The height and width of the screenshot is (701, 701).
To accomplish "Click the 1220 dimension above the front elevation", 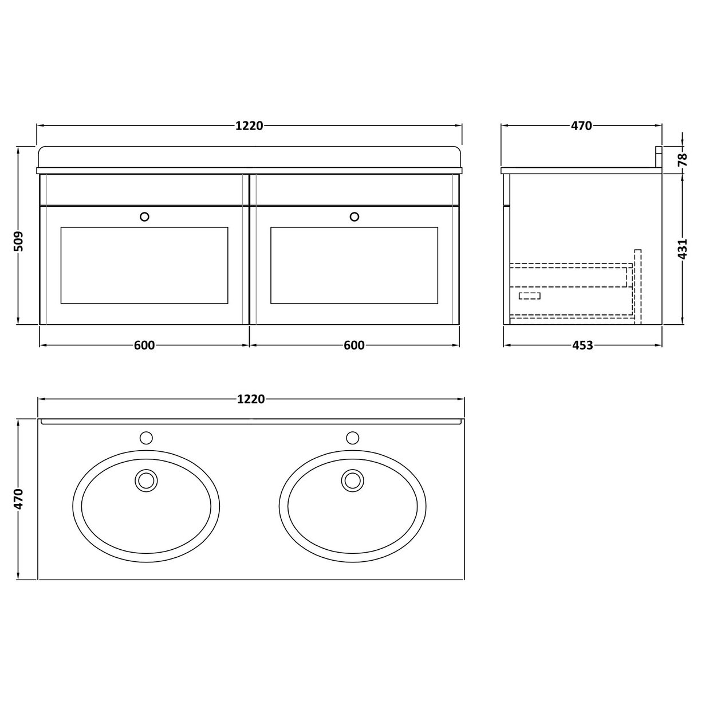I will click(x=249, y=126).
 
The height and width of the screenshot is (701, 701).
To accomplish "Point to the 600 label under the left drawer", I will click(x=144, y=345).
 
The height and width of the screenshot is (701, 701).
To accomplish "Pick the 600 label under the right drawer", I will click(x=355, y=345).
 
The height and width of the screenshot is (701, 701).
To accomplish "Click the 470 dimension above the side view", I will click(x=581, y=126).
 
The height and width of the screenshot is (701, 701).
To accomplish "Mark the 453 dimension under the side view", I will click(x=582, y=345).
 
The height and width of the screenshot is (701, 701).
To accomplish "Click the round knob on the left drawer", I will click(x=144, y=216).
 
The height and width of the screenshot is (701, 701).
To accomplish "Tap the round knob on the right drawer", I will click(x=355, y=216).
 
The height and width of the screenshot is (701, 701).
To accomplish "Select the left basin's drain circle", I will click(x=146, y=480).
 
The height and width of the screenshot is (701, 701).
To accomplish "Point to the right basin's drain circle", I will click(x=352, y=480).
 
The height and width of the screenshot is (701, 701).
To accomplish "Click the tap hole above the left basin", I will click(x=146, y=438).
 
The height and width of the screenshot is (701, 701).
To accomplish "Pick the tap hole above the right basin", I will click(x=352, y=438).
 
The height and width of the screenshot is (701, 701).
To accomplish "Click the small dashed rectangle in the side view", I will click(x=529, y=296).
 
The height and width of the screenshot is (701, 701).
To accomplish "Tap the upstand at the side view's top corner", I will click(x=659, y=157).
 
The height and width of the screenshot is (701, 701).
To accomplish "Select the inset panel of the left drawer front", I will click(x=144, y=265).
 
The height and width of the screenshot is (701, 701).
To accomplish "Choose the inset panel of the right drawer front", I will click(x=355, y=265).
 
